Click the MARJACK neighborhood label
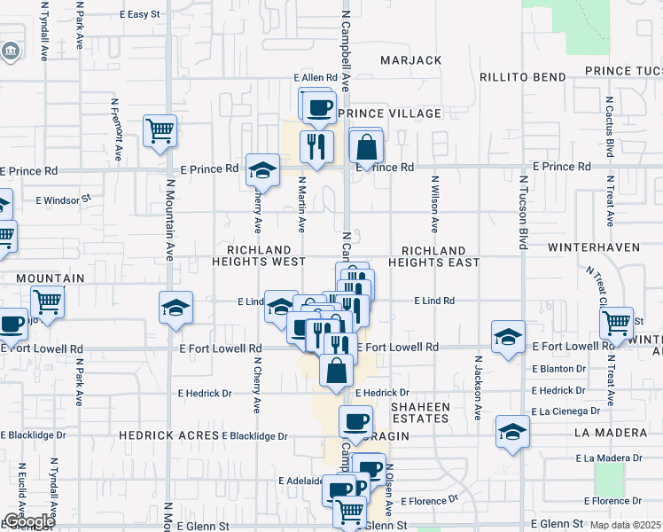[x=410, y=60]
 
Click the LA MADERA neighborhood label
[x=611, y=433]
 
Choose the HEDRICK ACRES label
[x=169, y=436]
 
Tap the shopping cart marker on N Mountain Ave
[x=160, y=131]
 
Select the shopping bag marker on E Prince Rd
[x=366, y=146]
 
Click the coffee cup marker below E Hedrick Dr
[x=356, y=422]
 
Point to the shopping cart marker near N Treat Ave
[x=616, y=323]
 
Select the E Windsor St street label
[x=63, y=200]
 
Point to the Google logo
[x=29, y=521]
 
